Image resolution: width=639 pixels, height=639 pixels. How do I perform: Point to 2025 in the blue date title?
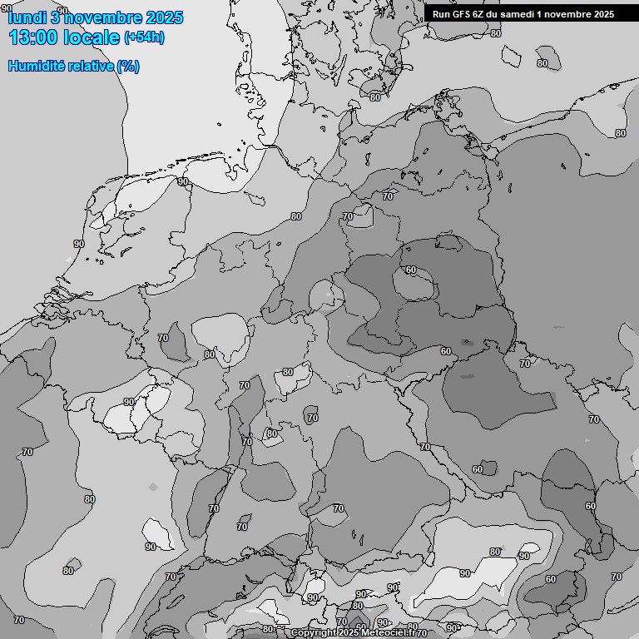tap(164, 17)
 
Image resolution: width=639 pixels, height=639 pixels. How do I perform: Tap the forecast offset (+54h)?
tap(144, 38)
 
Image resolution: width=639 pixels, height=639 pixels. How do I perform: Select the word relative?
tap(87, 66)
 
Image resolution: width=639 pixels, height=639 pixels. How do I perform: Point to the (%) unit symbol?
tap(128, 66)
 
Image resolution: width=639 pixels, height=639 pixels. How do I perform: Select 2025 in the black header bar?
tap(603, 14)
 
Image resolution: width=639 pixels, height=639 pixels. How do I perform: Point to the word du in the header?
tap(495, 14)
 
